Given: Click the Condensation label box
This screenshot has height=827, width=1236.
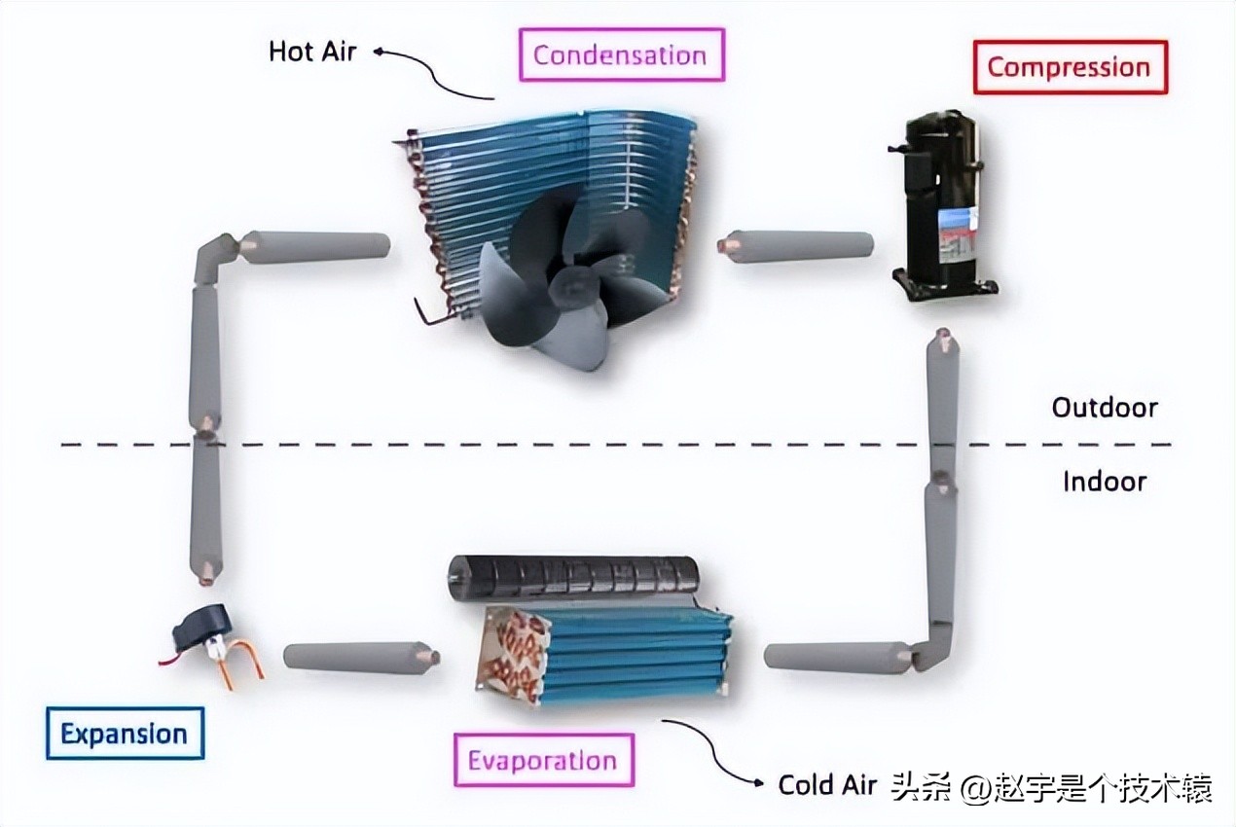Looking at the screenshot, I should [x=620, y=54].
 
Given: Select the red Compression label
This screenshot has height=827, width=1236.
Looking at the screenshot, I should [x=1069, y=67].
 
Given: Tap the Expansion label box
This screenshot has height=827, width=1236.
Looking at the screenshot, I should [x=124, y=733].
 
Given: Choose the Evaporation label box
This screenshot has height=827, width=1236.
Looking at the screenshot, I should [x=542, y=760].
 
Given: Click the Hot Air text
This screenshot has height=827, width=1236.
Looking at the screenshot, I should [x=312, y=51].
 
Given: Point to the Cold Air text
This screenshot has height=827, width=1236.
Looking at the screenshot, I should [x=827, y=784].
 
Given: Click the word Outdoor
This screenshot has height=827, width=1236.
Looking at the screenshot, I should [x=1105, y=407].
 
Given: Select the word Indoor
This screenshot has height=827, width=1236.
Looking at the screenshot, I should [x=1105, y=481].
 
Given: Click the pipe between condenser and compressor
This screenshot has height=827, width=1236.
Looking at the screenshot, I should [x=799, y=245].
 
